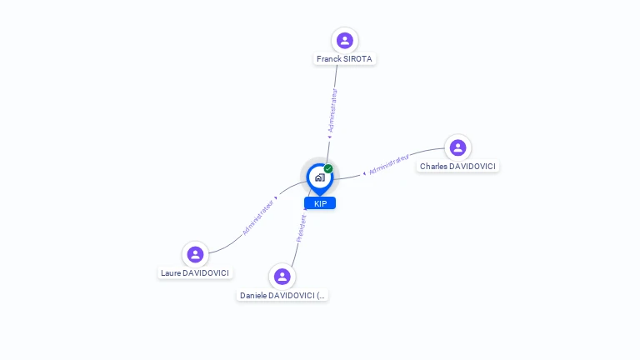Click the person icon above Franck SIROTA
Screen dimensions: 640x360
(345, 40)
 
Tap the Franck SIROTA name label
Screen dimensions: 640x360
(344, 59)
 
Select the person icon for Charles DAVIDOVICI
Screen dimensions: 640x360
(458, 147)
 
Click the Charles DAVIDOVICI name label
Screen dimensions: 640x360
(457, 166)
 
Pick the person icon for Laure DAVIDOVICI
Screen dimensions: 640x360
(195, 254)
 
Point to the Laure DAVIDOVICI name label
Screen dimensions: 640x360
(195, 273)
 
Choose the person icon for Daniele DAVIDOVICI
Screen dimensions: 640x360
(282, 277)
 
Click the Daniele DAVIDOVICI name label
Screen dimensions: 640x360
(282, 296)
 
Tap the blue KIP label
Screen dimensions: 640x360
(320, 203)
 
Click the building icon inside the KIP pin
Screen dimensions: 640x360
(320, 177)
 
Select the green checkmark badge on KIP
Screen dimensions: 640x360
(328, 168)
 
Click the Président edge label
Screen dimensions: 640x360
(301, 228)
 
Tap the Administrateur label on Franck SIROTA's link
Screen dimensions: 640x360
(333, 111)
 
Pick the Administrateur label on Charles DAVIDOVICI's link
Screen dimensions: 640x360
(389, 164)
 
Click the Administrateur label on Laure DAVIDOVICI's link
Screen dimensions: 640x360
(258, 217)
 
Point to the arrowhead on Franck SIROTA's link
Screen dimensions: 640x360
(329, 137)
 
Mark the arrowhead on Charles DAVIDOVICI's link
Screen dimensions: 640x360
(364, 173)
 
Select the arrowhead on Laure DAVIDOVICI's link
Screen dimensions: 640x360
(277, 197)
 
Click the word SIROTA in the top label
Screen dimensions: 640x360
(357, 59)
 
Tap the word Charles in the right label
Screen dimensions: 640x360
(433, 166)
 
